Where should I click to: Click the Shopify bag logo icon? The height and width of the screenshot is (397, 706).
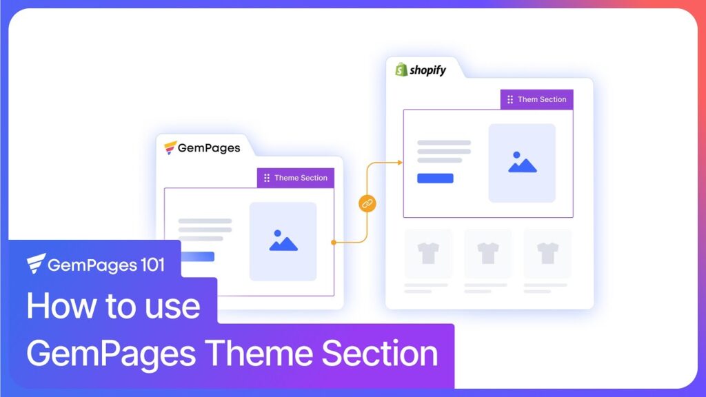401,70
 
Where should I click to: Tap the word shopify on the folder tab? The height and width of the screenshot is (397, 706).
428,70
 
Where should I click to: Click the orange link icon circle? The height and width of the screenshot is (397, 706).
367,203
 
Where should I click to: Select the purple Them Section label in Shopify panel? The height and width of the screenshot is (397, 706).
536,99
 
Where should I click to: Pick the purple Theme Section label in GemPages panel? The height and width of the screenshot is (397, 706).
295,178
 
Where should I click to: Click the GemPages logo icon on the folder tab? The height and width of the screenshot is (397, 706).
170,147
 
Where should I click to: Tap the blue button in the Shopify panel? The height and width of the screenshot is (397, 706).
435,178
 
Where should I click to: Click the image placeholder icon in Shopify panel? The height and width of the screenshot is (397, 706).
522,163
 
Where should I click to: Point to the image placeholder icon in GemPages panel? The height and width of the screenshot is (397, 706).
283,241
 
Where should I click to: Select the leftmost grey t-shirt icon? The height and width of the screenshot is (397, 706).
428,253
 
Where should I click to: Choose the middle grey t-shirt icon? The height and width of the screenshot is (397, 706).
487,253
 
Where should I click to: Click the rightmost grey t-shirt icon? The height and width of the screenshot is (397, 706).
547,253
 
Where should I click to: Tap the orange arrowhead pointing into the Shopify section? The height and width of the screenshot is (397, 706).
399,163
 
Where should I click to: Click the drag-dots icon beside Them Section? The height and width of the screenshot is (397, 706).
510,99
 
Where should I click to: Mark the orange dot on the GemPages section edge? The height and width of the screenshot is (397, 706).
334,242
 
